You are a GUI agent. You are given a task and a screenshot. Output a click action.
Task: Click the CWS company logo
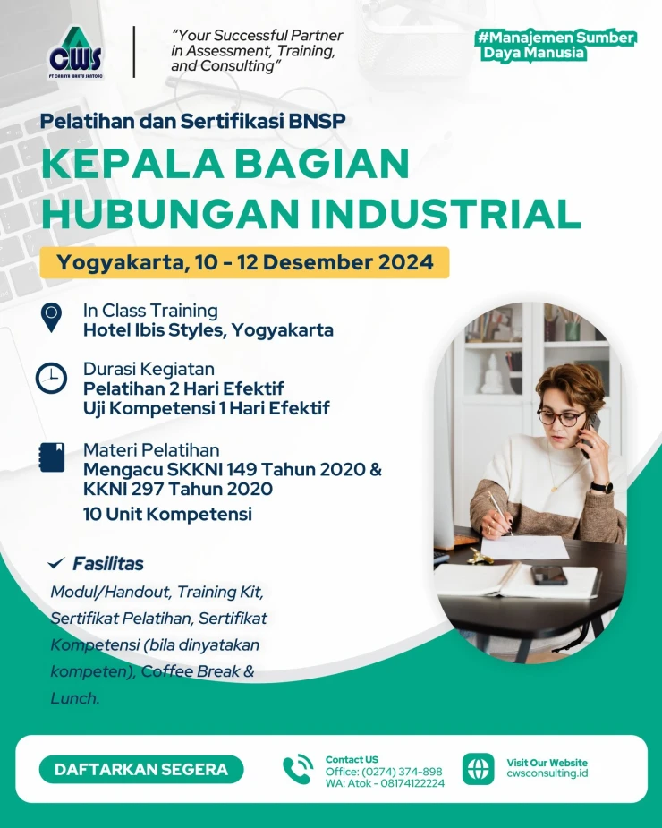tap(75, 53)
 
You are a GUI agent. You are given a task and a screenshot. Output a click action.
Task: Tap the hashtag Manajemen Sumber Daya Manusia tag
tap(557, 46)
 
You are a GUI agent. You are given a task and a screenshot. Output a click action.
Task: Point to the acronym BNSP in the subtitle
tap(317, 121)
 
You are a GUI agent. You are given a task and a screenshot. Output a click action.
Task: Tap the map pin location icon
tap(51, 318)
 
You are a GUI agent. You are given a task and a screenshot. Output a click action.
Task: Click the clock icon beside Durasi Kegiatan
tap(51, 378)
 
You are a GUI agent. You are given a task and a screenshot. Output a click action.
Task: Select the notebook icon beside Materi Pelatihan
tap(52, 457)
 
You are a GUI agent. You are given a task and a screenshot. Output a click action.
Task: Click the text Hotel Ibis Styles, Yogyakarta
tap(208, 330)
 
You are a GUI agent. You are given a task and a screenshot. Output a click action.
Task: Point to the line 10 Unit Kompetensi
tap(167, 514)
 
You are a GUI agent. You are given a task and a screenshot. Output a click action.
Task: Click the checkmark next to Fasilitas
tap(56, 563)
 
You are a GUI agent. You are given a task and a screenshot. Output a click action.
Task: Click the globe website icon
tap(479, 769)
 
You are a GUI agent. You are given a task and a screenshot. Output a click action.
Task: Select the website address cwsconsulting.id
tap(547, 773)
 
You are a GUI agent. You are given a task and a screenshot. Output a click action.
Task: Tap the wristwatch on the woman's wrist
tap(602, 487)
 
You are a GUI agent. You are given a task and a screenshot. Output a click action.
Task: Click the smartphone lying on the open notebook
tap(549, 575)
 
